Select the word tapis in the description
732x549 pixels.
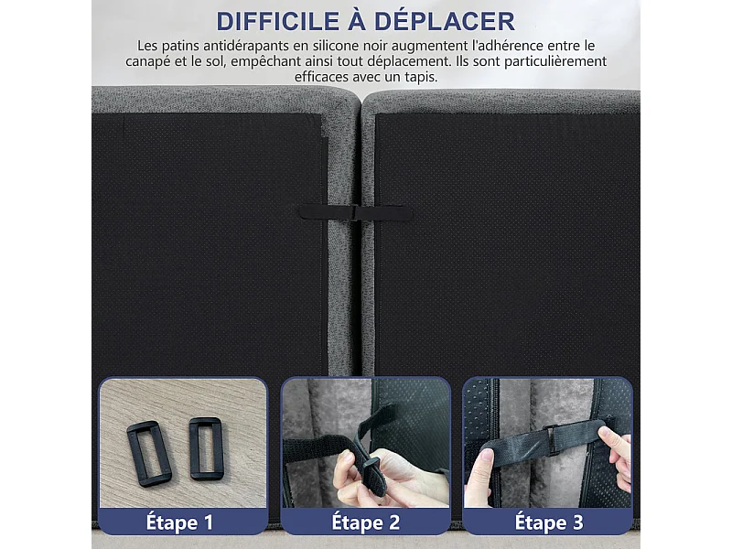coord(418,77)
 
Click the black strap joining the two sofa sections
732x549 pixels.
coord(355,212)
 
